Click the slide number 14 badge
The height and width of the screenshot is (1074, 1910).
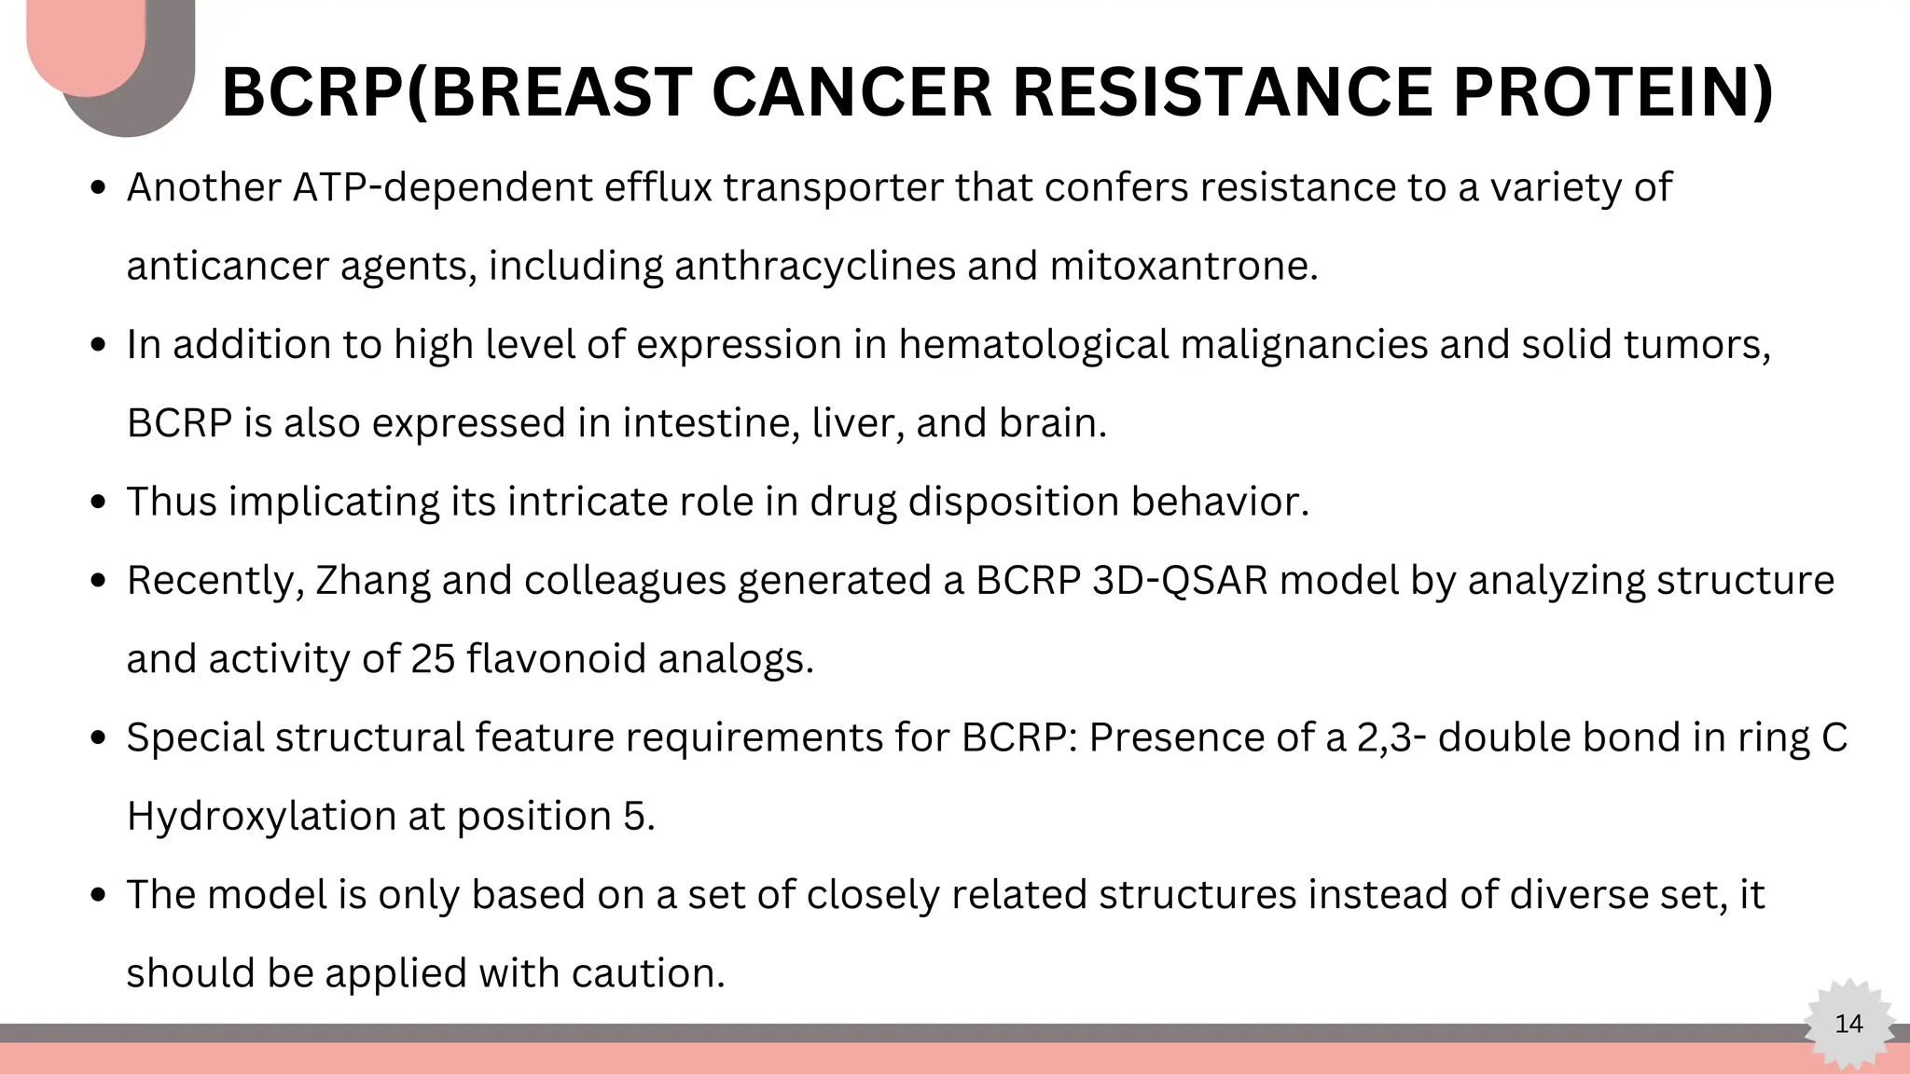coord(1848,1024)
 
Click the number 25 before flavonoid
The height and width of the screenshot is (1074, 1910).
coord(433,659)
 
